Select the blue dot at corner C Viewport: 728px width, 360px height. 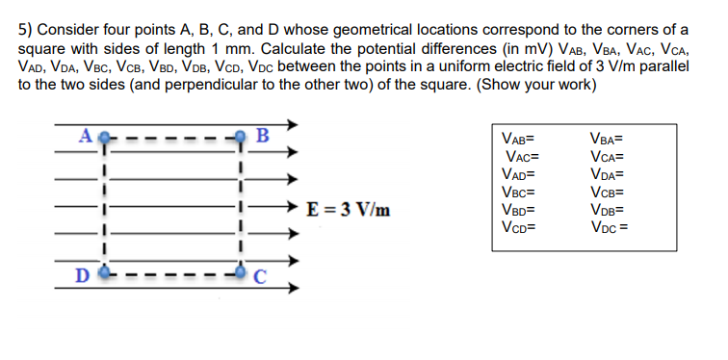tap(238, 272)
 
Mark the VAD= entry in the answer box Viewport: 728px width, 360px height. tap(517, 174)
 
